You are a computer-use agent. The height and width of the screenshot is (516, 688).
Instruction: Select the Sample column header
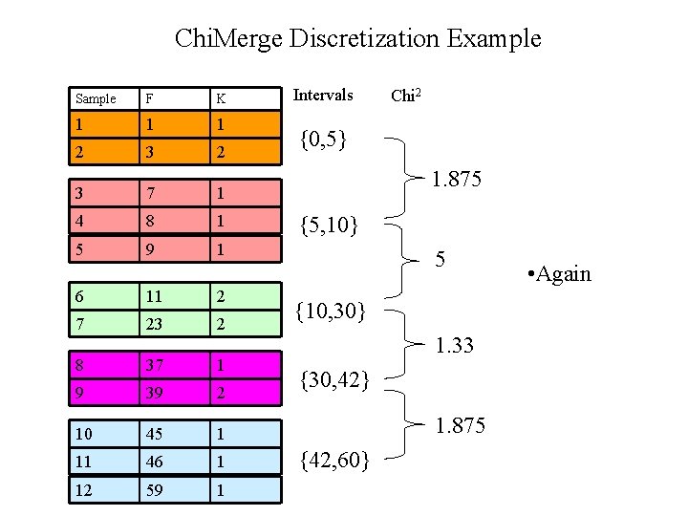pyautogui.click(x=96, y=98)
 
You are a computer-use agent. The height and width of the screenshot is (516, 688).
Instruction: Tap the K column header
pyautogui.click(x=221, y=98)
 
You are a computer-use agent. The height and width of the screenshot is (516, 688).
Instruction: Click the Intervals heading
pyautogui.click(x=322, y=96)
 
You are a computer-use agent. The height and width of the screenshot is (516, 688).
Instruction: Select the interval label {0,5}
pyautogui.click(x=322, y=140)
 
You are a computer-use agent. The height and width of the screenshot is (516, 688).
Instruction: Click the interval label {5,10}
pyautogui.click(x=328, y=226)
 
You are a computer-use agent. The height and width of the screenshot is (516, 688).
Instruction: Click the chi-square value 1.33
pyautogui.click(x=454, y=344)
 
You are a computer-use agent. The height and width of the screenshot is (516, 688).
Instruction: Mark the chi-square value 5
pyautogui.click(x=441, y=260)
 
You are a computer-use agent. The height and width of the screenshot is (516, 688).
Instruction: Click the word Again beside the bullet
pyautogui.click(x=564, y=275)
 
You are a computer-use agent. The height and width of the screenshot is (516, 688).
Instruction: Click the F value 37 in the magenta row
pyautogui.click(x=152, y=365)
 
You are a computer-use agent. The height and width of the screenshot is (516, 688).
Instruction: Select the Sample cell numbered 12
pyautogui.click(x=84, y=489)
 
